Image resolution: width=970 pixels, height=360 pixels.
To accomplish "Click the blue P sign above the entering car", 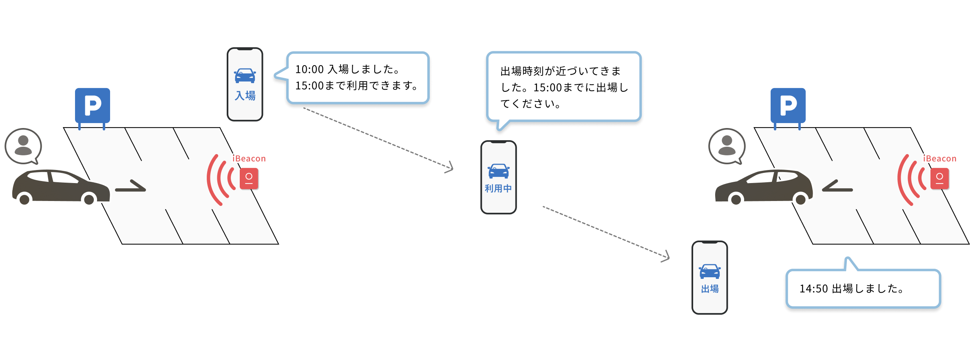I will point(93,105).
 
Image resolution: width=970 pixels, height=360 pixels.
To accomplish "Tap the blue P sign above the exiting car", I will point(788,105).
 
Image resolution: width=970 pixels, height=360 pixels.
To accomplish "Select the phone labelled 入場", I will point(245,84).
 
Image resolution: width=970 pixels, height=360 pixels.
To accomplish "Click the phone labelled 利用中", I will point(498,177).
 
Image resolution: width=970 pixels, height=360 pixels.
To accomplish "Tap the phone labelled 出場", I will point(709,278).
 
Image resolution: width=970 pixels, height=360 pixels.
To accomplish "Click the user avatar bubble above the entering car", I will point(23,146).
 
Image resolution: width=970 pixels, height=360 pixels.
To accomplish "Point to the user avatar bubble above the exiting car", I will point(727,146).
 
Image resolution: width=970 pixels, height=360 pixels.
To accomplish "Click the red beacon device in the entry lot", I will point(249,179).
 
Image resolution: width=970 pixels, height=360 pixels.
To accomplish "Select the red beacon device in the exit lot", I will point(939,179).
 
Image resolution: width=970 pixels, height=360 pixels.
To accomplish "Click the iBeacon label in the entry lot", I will point(249,159).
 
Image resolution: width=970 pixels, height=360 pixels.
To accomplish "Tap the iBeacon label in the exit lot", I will point(940,159).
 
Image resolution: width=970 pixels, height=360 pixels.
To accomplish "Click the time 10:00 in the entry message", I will point(309,70).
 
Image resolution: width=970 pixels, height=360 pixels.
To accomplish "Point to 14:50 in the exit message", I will point(813,289).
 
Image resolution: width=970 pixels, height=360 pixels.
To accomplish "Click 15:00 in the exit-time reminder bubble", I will point(548,88).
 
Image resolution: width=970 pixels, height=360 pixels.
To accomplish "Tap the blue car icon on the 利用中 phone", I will point(498,171).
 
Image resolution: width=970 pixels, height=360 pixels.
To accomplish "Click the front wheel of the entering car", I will point(89,199).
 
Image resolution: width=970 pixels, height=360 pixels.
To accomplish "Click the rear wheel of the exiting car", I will point(800,199).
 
